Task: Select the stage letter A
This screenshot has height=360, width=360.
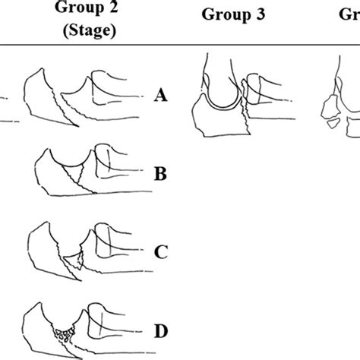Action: coord(160,96)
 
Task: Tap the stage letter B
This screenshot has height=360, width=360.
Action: coord(160,175)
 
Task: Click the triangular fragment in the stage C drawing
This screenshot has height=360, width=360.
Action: coord(74,264)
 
